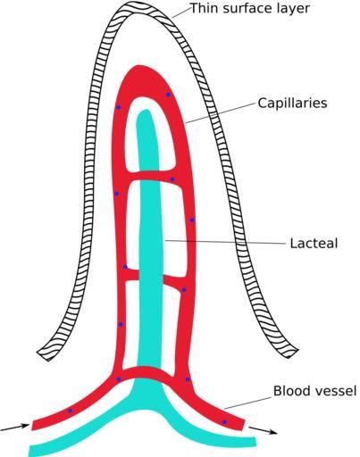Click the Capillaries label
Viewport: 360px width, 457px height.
(292, 104)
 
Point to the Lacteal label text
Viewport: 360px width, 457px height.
(314, 243)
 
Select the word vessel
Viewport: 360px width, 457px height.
(334, 391)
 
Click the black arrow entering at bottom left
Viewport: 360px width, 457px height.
(15, 428)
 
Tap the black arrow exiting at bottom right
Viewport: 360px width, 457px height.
(263, 430)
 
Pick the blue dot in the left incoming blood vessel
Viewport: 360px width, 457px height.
(70, 411)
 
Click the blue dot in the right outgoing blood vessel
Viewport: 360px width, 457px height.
(224, 422)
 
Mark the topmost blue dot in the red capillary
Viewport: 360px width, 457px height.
(168, 95)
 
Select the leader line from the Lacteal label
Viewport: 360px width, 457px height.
(225, 242)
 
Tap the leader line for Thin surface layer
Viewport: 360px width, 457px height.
(181, 13)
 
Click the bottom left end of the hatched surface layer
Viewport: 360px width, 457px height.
(44, 355)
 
